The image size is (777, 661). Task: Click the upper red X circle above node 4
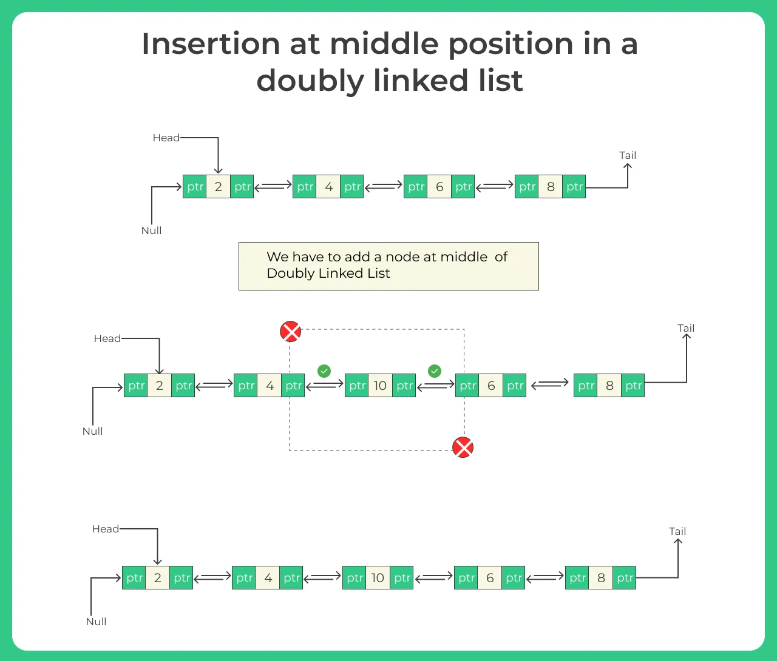coord(290,332)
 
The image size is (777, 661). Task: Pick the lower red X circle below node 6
coord(463,448)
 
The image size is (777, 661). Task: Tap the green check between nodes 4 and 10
coord(324,371)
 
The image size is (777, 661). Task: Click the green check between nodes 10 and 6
coord(435,371)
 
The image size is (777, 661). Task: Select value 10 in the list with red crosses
coord(380,386)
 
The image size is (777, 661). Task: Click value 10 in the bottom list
coord(378,578)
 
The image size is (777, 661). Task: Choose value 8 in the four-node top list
coord(551,187)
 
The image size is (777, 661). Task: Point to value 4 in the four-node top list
coord(328,187)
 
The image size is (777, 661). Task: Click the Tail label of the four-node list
coord(628,155)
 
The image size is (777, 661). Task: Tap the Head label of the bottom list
coord(106,529)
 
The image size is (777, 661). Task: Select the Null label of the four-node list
coord(151,230)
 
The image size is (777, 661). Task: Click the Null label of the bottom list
coord(96,622)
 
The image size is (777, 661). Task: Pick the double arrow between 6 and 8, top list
coord(495,186)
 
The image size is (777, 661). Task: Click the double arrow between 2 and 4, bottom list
coord(212,577)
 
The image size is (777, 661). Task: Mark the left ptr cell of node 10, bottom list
coord(355,578)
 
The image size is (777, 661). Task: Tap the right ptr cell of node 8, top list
coord(574,187)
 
